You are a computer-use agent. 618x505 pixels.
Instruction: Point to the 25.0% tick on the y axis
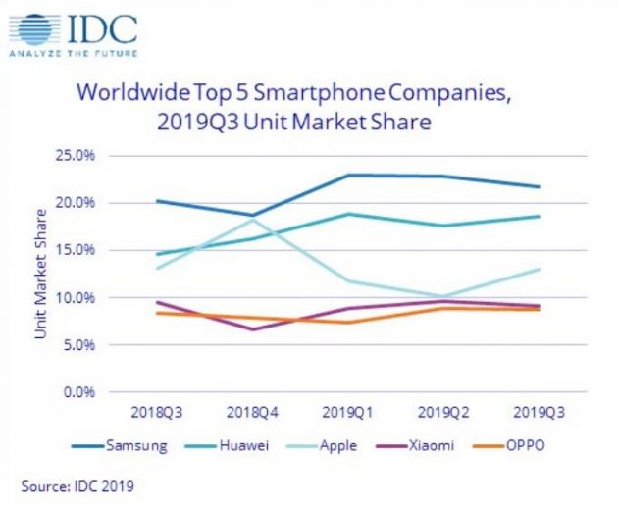(x=75, y=156)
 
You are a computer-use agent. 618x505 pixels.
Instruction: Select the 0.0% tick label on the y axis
(x=77, y=392)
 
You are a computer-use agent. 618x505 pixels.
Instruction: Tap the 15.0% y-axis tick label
(x=75, y=250)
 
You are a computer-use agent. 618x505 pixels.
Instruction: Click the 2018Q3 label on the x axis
(x=157, y=413)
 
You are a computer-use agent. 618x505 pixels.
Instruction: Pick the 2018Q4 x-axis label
(x=253, y=413)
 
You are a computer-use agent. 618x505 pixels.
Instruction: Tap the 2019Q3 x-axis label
(x=540, y=413)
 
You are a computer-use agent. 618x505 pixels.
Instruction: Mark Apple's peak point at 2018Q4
(x=253, y=220)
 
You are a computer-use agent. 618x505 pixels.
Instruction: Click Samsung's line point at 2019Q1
(x=348, y=176)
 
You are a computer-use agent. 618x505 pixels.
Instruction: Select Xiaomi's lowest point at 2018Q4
(x=253, y=329)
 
